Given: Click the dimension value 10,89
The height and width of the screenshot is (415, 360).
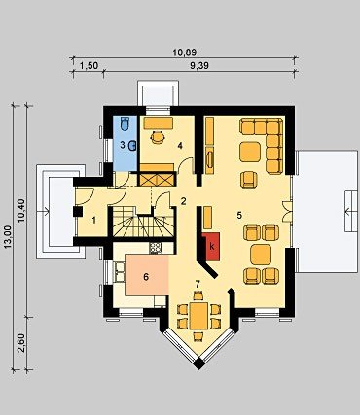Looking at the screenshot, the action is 185,52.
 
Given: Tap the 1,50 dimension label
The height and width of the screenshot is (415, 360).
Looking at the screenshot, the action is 89,66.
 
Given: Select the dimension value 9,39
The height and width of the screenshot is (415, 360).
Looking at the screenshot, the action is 199,66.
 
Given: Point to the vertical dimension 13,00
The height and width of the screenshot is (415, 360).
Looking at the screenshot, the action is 9,237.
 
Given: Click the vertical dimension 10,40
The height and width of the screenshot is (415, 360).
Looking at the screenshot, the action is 22,211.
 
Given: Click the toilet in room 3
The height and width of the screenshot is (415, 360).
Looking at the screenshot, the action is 126,123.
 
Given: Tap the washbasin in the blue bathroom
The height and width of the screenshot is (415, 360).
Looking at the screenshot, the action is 132,146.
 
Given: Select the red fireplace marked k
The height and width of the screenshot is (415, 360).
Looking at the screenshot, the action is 211,247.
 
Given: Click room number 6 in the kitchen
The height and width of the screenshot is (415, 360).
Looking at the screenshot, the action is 146,277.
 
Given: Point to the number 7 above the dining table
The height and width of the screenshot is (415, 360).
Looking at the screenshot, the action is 197,284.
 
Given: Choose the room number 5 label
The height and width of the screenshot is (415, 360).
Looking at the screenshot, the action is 239,215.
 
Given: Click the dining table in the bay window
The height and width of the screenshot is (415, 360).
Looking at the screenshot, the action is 198,316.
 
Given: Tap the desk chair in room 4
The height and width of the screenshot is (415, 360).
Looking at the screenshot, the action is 158,137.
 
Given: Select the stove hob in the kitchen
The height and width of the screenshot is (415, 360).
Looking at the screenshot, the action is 156,248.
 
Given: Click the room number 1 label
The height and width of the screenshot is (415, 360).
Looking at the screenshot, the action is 94,221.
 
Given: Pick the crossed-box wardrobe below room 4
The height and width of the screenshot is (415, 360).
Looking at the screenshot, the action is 157,179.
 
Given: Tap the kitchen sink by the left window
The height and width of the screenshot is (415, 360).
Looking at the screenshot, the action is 118,272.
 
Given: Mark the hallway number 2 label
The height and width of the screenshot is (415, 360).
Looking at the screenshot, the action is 184,201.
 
